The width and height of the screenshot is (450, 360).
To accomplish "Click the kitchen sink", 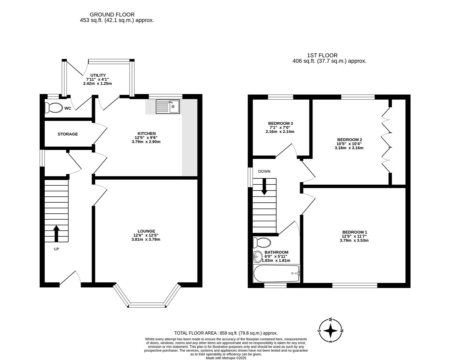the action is coord(168,107).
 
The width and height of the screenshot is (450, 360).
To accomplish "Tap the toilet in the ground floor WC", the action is coord(54,108).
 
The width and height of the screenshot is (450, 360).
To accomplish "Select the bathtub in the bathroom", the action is coord(276,274).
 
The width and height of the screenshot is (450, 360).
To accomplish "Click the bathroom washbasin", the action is coord(257,257).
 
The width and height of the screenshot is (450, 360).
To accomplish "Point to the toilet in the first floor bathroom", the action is coord(262,243).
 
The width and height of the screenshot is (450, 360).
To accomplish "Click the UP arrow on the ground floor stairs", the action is coord(56,233).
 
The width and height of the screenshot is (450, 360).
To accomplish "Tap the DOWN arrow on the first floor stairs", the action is coord(264,187).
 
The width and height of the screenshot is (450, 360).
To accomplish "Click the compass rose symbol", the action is coord(330,331).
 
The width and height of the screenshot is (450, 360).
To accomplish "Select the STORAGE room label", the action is coord(68,134).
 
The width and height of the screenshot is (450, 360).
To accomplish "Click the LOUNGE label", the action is coord(146,231).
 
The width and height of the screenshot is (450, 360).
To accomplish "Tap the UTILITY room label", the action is coord(98,75).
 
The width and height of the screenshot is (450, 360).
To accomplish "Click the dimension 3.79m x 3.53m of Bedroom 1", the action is coord(354,240).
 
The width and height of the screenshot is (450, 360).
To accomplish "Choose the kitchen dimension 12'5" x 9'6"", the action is coord(146,138).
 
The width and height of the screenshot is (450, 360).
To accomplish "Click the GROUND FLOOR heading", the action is coord(112,15).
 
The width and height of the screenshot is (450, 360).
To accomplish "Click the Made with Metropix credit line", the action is coord(226,358).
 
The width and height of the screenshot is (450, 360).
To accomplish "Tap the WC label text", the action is coord(68,108).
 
